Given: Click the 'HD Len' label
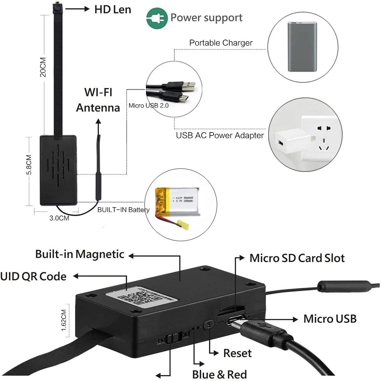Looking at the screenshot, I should coord(112,9).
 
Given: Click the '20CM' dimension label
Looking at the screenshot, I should coord(43,67).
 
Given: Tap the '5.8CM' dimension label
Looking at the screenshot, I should coord(29,163).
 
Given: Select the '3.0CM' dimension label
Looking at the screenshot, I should coord(59,218).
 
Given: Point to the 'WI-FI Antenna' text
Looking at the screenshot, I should coord(98,100).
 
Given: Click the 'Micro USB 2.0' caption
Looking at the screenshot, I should coord(149,106).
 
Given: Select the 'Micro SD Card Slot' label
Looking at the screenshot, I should coord(297,258).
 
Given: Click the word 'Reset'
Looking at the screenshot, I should coord(237,353).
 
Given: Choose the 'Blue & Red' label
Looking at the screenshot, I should coord(219,374).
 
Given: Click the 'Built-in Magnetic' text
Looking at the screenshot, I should coord(80,254).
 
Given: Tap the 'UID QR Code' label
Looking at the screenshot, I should coord(33,276).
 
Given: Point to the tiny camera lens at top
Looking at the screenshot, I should coord(57,7).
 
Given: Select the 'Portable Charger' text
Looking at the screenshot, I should coord(221,43).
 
